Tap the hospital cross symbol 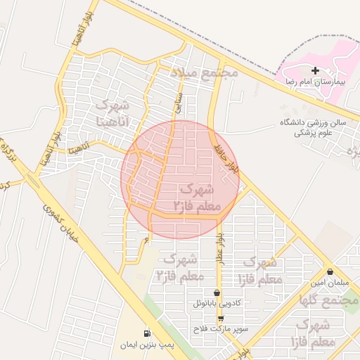click(315, 70)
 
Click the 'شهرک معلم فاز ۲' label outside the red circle click(180, 266)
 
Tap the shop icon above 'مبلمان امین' click(330, 271)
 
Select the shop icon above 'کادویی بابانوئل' click(217, 292)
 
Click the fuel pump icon click(146, 333)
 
